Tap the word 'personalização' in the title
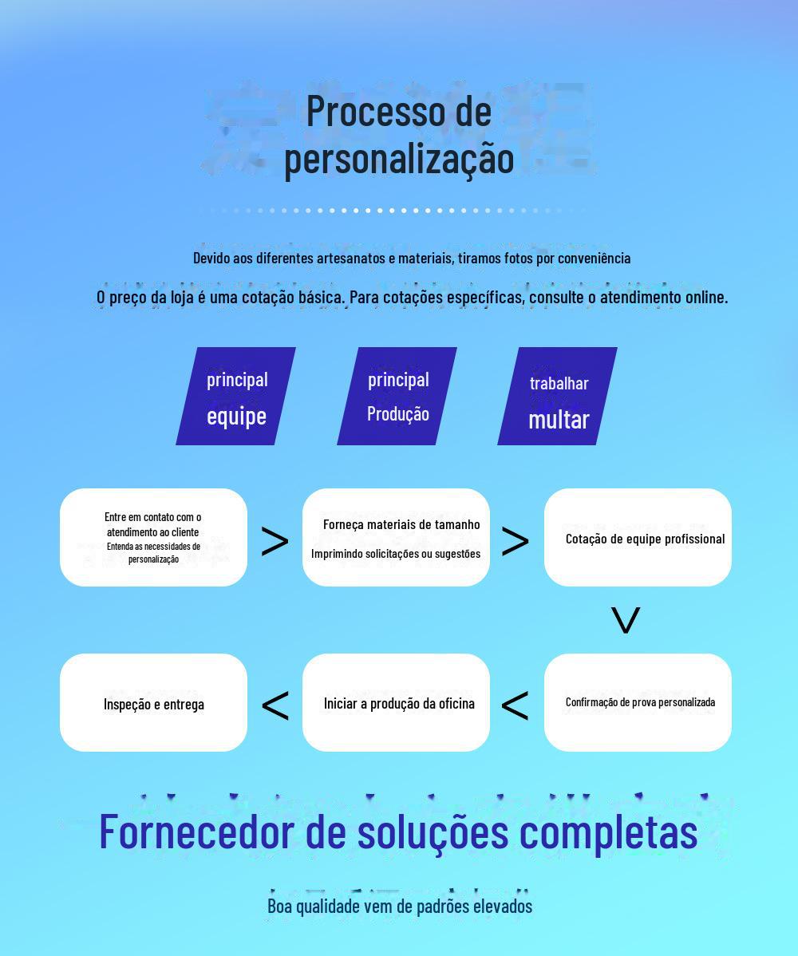[x=399, y=158]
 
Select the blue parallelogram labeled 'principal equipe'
[x=236, y=397]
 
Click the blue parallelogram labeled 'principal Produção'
[x=397, y=397]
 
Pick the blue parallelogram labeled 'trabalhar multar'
[x=558, y=397]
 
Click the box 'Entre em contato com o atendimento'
[x=153, y=537]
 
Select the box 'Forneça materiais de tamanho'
[x=396, y=537]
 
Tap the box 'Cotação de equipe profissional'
[x=638, y=537]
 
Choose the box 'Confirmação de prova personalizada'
[x=638, y=702]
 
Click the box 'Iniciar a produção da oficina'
[x=396, y=702]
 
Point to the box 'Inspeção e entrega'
[x=153, y=702]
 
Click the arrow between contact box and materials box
[x=275, y=542]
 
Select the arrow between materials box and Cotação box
[x=516, y=542]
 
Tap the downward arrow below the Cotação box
[x=626, y=620]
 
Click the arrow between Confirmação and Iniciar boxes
[x=516, y=705]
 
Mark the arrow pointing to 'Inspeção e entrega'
[x=275, y=705]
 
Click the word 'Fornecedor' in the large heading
[x=196, y=832]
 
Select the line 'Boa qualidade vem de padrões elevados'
[x=399, y=907]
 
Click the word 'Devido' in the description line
[x=211, y=258]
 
